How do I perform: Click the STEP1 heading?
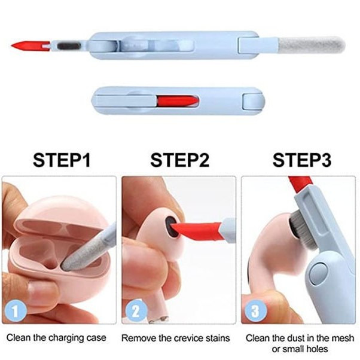(x=62, y=160)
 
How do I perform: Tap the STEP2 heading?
(x=180, y=160)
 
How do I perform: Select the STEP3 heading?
(x=302, y=160)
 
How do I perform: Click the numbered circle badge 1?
(x=16, y=311)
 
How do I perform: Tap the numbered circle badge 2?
(x=136, y=311)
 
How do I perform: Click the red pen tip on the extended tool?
(x=30, y=46)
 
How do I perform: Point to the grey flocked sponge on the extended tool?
(x=312, y=45)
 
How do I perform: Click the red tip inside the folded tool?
(x=178, y=101)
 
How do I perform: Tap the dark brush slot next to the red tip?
(x=69, y=46)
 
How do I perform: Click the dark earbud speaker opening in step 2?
(x=172, y=226)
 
